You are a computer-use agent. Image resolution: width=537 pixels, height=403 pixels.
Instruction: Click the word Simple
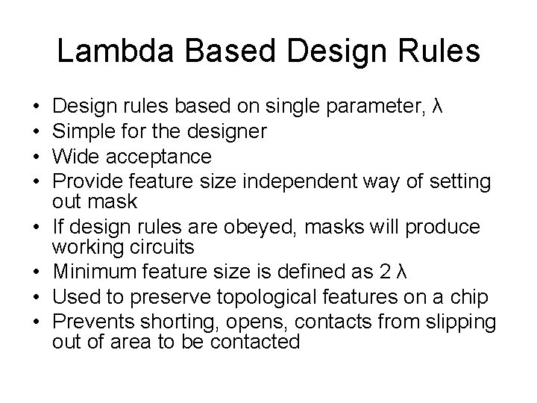[87, 131]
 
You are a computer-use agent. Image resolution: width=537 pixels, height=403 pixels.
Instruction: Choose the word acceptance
[160, 157]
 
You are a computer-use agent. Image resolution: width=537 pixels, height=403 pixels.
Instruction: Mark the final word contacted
[255, 341]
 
